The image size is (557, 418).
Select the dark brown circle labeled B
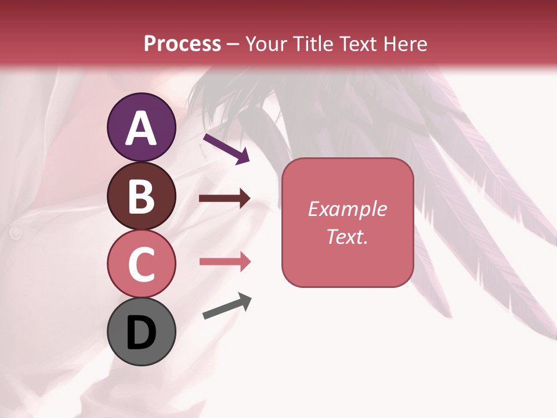(142, 196)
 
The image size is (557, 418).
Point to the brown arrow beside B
(225, 199)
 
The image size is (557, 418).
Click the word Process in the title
(182, 44)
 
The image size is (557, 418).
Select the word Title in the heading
(313, 44)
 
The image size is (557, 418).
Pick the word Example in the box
(347, 209)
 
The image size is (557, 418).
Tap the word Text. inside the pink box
(347, 236)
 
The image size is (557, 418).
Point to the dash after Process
(233, 45)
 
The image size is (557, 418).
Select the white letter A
(142, 129)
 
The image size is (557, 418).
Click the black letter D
(142, 333)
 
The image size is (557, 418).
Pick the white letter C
(142, 265)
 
